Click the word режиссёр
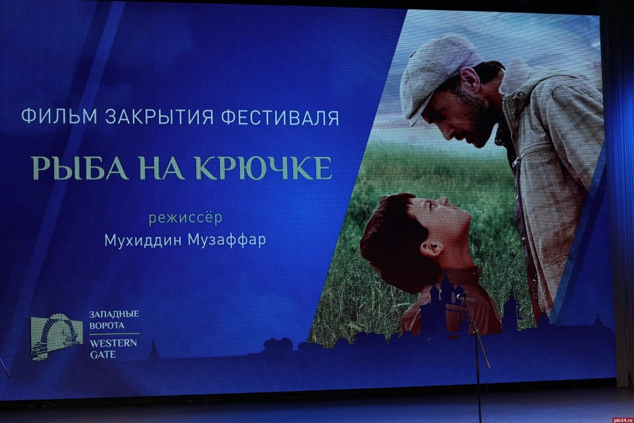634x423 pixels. coord(186,218)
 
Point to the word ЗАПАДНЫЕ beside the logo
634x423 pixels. coord(114,315)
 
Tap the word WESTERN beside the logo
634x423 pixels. coord(113,343)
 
